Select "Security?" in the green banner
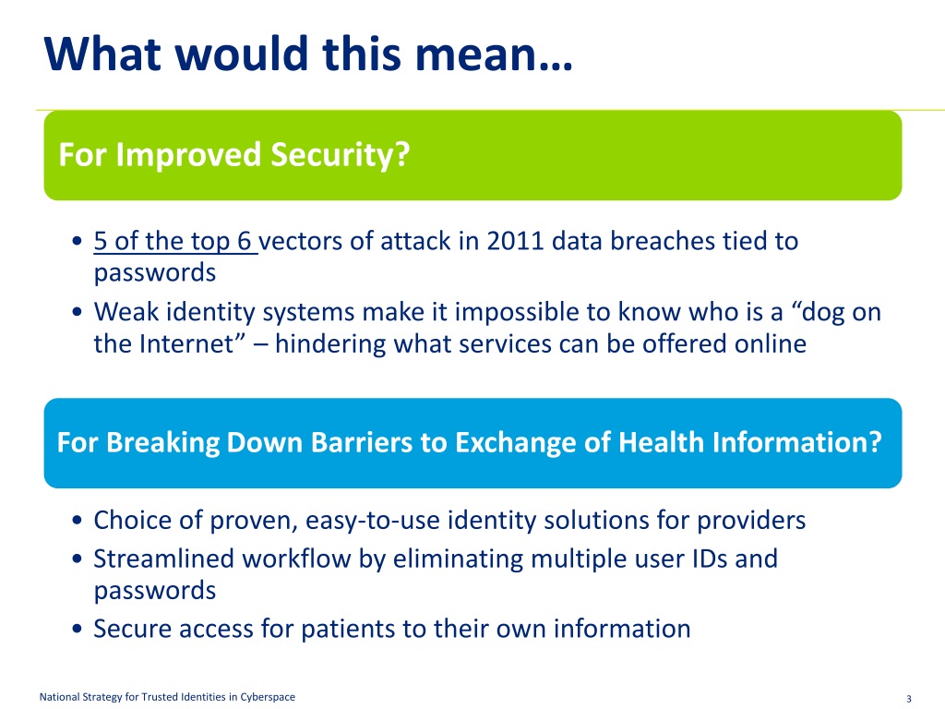click(340, 155)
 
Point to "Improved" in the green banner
click(188, 155)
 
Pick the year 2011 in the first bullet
click(515, 241)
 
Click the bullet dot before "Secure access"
click(77, 630)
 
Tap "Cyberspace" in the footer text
click(268, 697)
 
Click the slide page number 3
click(909, 700)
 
